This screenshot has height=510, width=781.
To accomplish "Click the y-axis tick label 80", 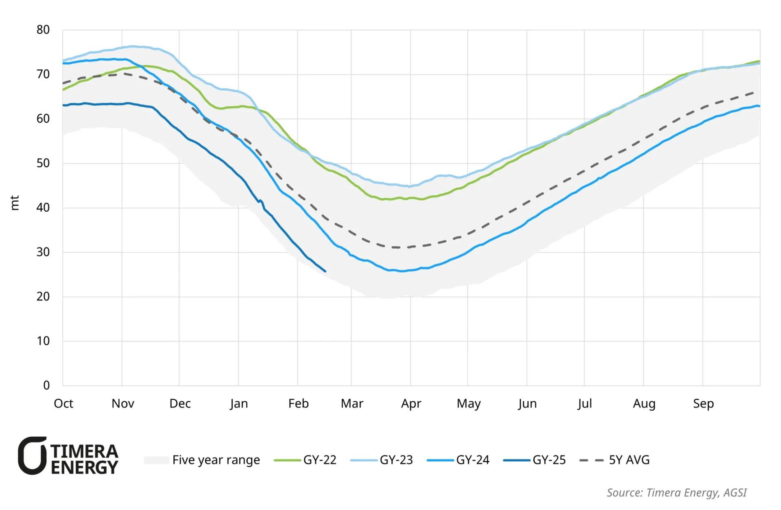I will coord(43,30).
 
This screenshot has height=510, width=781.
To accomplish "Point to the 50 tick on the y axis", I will coord(43,163).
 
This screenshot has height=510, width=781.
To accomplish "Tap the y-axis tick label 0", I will coord(46,385).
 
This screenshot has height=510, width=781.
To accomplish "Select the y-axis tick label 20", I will coord(43,297).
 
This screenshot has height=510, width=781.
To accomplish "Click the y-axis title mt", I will coord(15,203).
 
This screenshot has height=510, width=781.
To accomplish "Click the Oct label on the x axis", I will coord(63,403).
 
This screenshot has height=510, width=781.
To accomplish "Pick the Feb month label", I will coord(298,403).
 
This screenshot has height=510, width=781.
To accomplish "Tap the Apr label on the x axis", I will coord(411,404).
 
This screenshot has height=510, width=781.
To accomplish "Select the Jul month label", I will coord(585,403).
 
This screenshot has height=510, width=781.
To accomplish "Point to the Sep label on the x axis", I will coord(703,403).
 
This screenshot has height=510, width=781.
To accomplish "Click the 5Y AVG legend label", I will coord(629,460).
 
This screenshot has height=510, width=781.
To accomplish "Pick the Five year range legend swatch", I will coord(157,460).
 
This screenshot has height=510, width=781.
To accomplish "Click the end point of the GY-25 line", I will coord(325,271).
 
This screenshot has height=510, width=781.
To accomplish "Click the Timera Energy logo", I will coord(68,456).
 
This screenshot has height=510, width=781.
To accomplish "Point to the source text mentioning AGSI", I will coord(676,492).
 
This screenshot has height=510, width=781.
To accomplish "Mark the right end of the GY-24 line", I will coord(759,106).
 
